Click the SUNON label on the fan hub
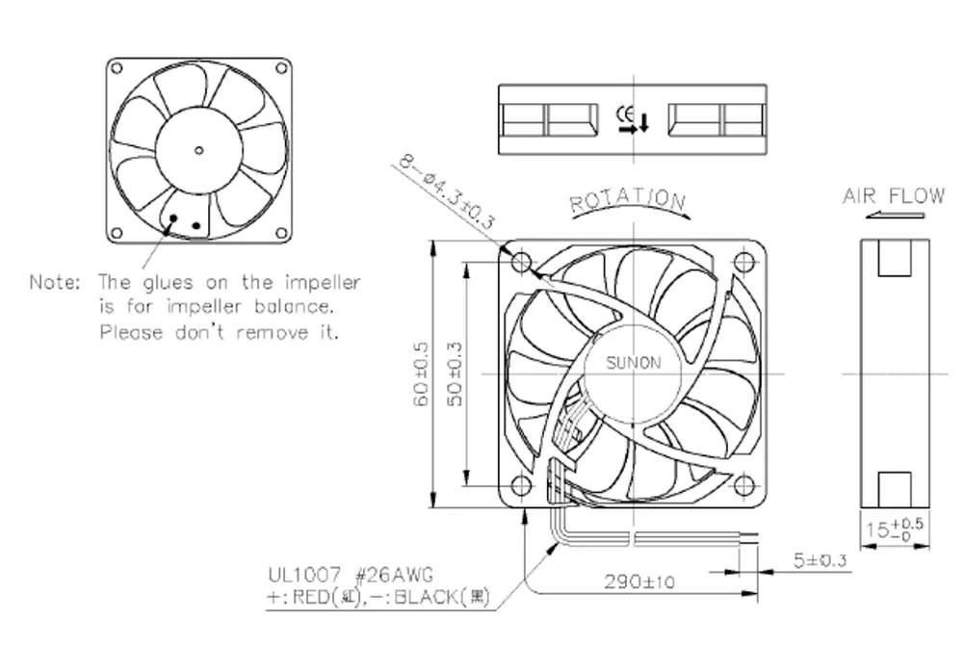pos(633,363)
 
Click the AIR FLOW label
pos(894,196)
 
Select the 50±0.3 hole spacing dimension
pos(457,373)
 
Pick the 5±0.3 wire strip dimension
pos(820,559)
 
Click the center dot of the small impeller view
pos(198,148)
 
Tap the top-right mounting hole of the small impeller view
pos(280,68)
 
